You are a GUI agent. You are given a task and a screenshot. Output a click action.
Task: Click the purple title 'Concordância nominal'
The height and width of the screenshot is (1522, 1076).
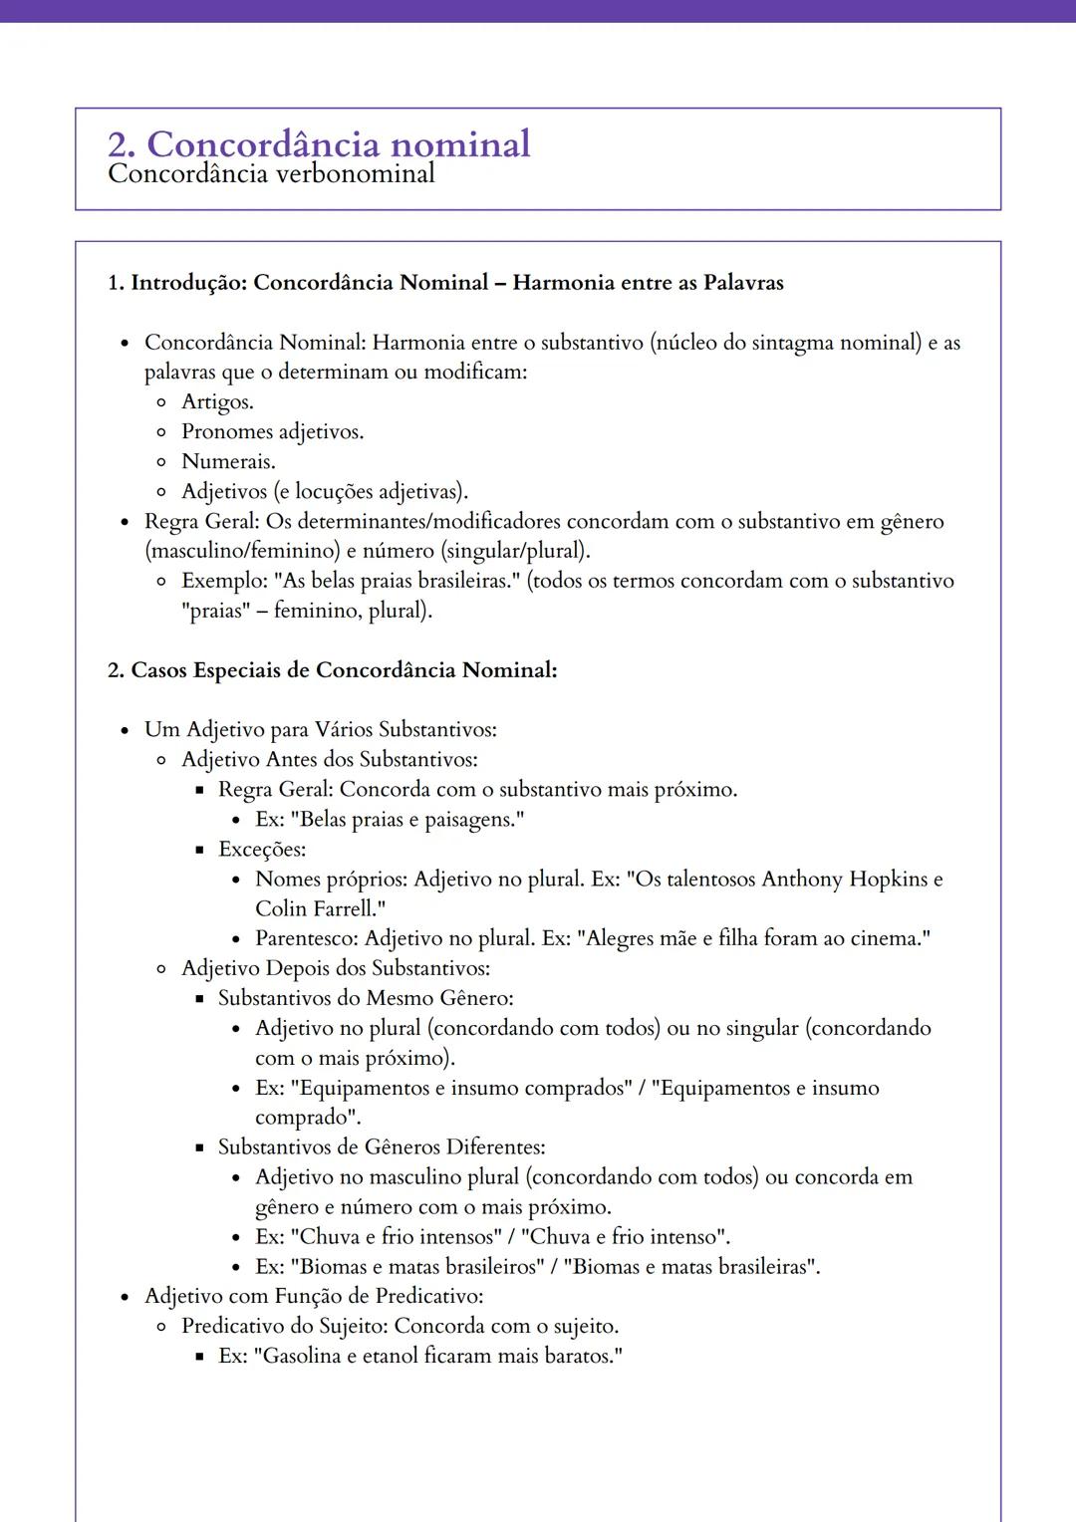coord(339,144)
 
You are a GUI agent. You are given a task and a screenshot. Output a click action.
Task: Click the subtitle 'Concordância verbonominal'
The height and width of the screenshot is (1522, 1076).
coord(271,174)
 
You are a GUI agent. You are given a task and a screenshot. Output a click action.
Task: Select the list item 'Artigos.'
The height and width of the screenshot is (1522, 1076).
coord(217,402)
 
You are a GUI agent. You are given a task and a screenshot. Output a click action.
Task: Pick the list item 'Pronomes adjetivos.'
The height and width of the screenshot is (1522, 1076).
coord(272,432)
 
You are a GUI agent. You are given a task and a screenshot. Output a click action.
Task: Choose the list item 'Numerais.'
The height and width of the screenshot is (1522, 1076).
coord(228,462)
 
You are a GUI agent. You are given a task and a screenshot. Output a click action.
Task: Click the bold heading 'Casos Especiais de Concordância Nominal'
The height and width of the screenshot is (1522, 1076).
coord(344,670)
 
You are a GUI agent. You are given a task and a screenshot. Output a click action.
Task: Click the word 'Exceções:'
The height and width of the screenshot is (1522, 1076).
coord(262,850)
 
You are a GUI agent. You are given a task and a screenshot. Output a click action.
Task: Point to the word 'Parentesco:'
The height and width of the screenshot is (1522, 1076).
coord(307,938)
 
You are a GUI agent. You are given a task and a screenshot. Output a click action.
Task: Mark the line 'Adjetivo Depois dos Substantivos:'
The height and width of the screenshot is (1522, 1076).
coord(335,968)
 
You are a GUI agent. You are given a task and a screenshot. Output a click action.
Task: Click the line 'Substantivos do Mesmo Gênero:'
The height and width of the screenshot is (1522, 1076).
coord(366,998)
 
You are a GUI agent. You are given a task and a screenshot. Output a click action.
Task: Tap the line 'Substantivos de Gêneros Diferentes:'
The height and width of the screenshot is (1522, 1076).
coord(382,1147)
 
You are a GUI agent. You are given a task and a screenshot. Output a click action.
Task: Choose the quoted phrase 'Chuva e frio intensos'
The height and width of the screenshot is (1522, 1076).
coord(396,1237)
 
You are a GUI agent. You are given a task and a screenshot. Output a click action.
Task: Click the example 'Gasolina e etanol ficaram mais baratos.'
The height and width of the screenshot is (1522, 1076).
coord(438,1357)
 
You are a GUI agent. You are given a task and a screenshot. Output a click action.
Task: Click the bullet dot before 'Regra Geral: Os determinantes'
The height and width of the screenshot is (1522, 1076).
coord(125,522)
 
